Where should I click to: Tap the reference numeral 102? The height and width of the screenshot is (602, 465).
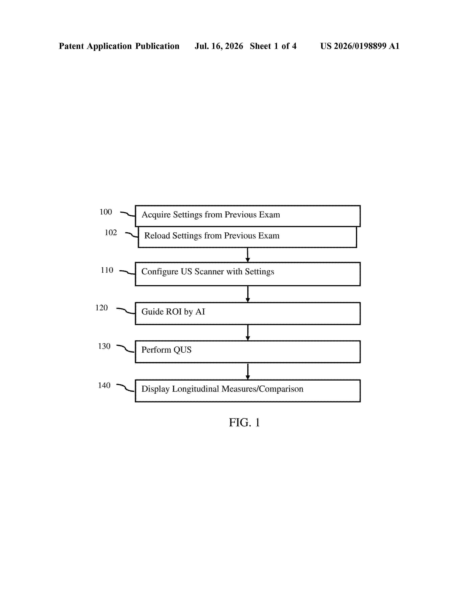[111, 233]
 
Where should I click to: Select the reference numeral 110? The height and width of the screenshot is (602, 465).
[107, 270]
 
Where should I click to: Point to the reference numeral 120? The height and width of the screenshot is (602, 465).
[101, 308]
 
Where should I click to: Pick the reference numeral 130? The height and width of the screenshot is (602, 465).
[104, 346]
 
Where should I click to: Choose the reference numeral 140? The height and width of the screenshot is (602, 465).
[104, 385]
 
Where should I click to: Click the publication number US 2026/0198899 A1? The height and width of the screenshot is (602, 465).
[360, 46]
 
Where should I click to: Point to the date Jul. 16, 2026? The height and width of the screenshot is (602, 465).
[219, 46]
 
